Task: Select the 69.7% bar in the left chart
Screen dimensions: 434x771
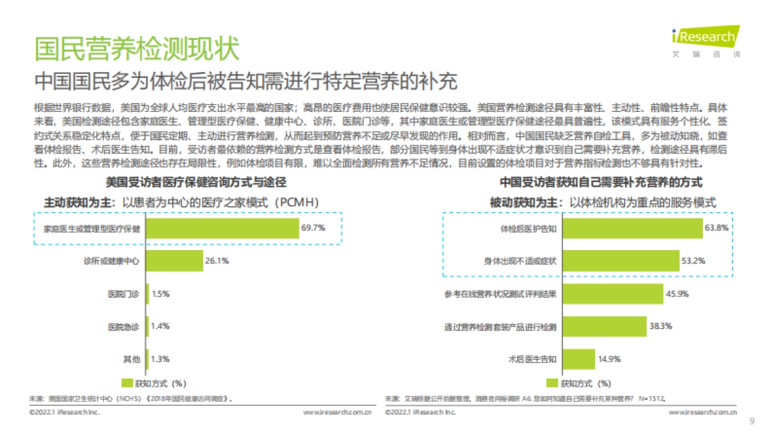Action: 223,228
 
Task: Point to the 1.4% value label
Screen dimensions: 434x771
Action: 160,327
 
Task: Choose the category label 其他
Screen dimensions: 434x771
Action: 132,359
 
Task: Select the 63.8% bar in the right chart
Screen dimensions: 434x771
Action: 632,228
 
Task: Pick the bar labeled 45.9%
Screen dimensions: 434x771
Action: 612,294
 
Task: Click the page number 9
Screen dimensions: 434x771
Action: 752,422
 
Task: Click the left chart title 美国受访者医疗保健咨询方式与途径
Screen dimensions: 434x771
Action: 196,183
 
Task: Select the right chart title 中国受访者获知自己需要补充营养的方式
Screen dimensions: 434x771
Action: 601,183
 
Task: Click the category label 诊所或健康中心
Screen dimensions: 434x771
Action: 112,261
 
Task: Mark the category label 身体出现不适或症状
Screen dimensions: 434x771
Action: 520,261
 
